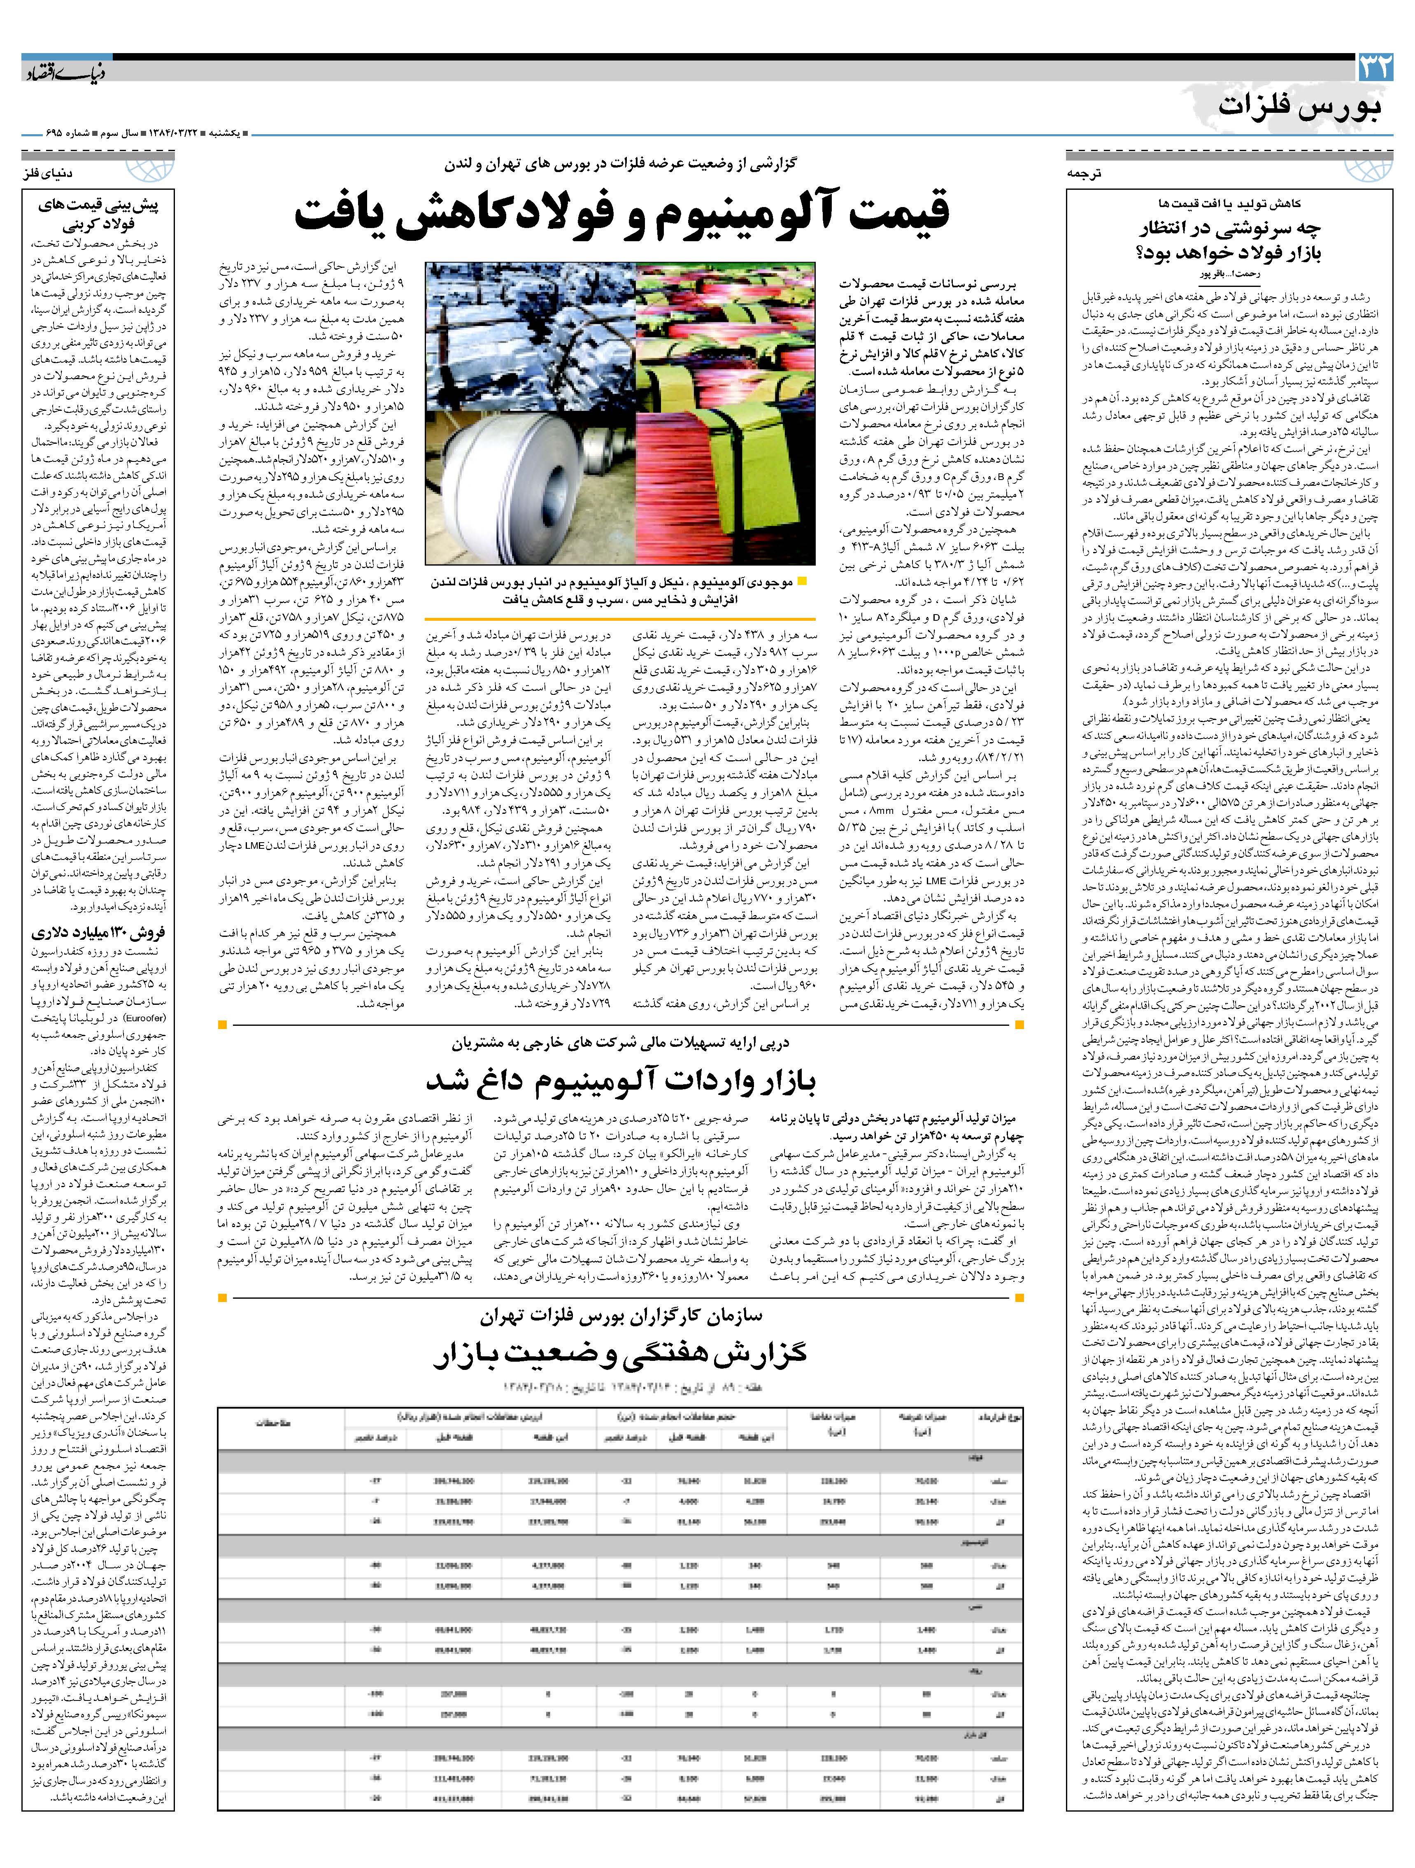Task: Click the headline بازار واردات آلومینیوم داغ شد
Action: click(621, 1081)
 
